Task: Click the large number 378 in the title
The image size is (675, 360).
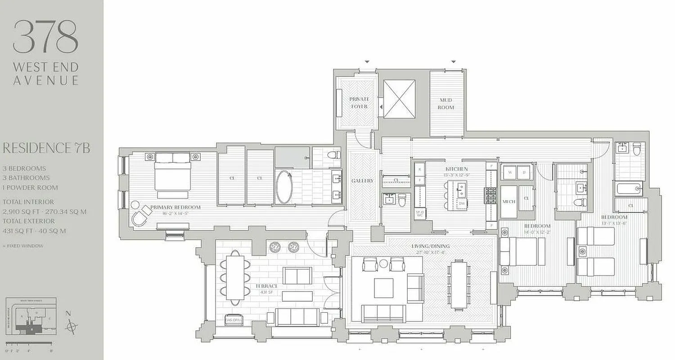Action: point(45,37)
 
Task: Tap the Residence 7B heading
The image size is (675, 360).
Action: point(46,148)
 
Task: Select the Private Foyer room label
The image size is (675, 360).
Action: point(359,103)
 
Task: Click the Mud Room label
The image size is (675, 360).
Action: point(446,103)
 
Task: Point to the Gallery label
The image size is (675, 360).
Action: point(362,181)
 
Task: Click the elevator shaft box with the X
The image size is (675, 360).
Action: point(399,99)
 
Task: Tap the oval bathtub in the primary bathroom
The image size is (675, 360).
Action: point(284,186)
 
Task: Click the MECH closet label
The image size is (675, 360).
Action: point(508,202)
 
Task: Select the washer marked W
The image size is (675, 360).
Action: point(510,172)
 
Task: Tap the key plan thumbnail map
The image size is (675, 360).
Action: point(30,317)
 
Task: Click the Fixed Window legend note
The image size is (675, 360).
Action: point(23,246)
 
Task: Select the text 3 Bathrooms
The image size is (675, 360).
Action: point(27,178)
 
